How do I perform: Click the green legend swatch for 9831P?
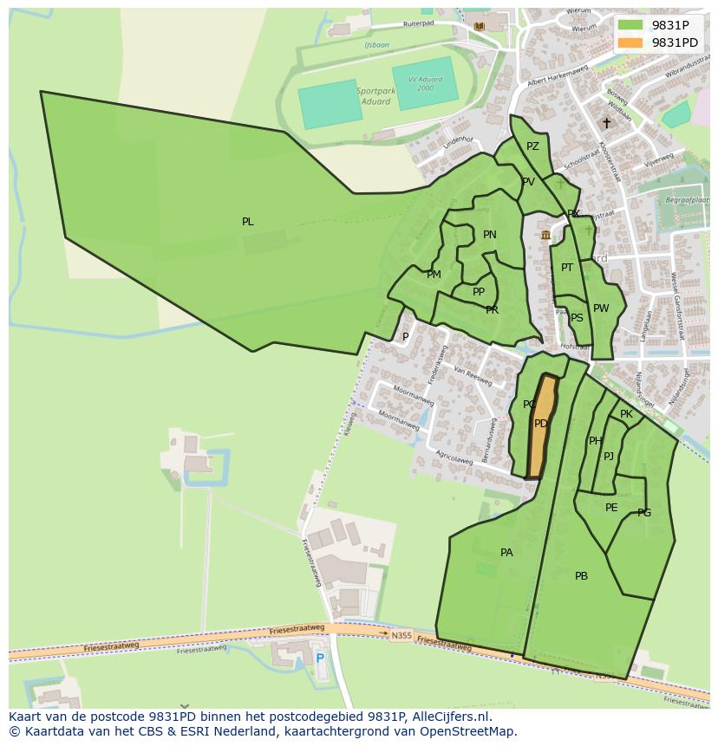(630, 25)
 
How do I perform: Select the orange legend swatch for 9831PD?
(630, 42)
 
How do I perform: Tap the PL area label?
(248, 222)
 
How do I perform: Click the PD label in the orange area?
(540, 424)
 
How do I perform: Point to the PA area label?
(506, 553)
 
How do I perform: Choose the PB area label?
(581, 576)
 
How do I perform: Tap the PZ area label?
(532, 146)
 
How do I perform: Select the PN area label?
(490, 235)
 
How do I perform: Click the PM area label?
(434, 275)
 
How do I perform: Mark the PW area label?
(601, 308)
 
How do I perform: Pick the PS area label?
(577, 318)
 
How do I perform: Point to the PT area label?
(567, 268)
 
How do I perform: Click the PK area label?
(626, 414)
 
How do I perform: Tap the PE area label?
(611, 508)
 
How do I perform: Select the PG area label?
(643, 513)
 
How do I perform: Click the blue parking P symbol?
(320, 658)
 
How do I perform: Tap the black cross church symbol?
(606, 123)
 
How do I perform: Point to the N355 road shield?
(401, 635)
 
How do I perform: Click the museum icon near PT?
(545, 235)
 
